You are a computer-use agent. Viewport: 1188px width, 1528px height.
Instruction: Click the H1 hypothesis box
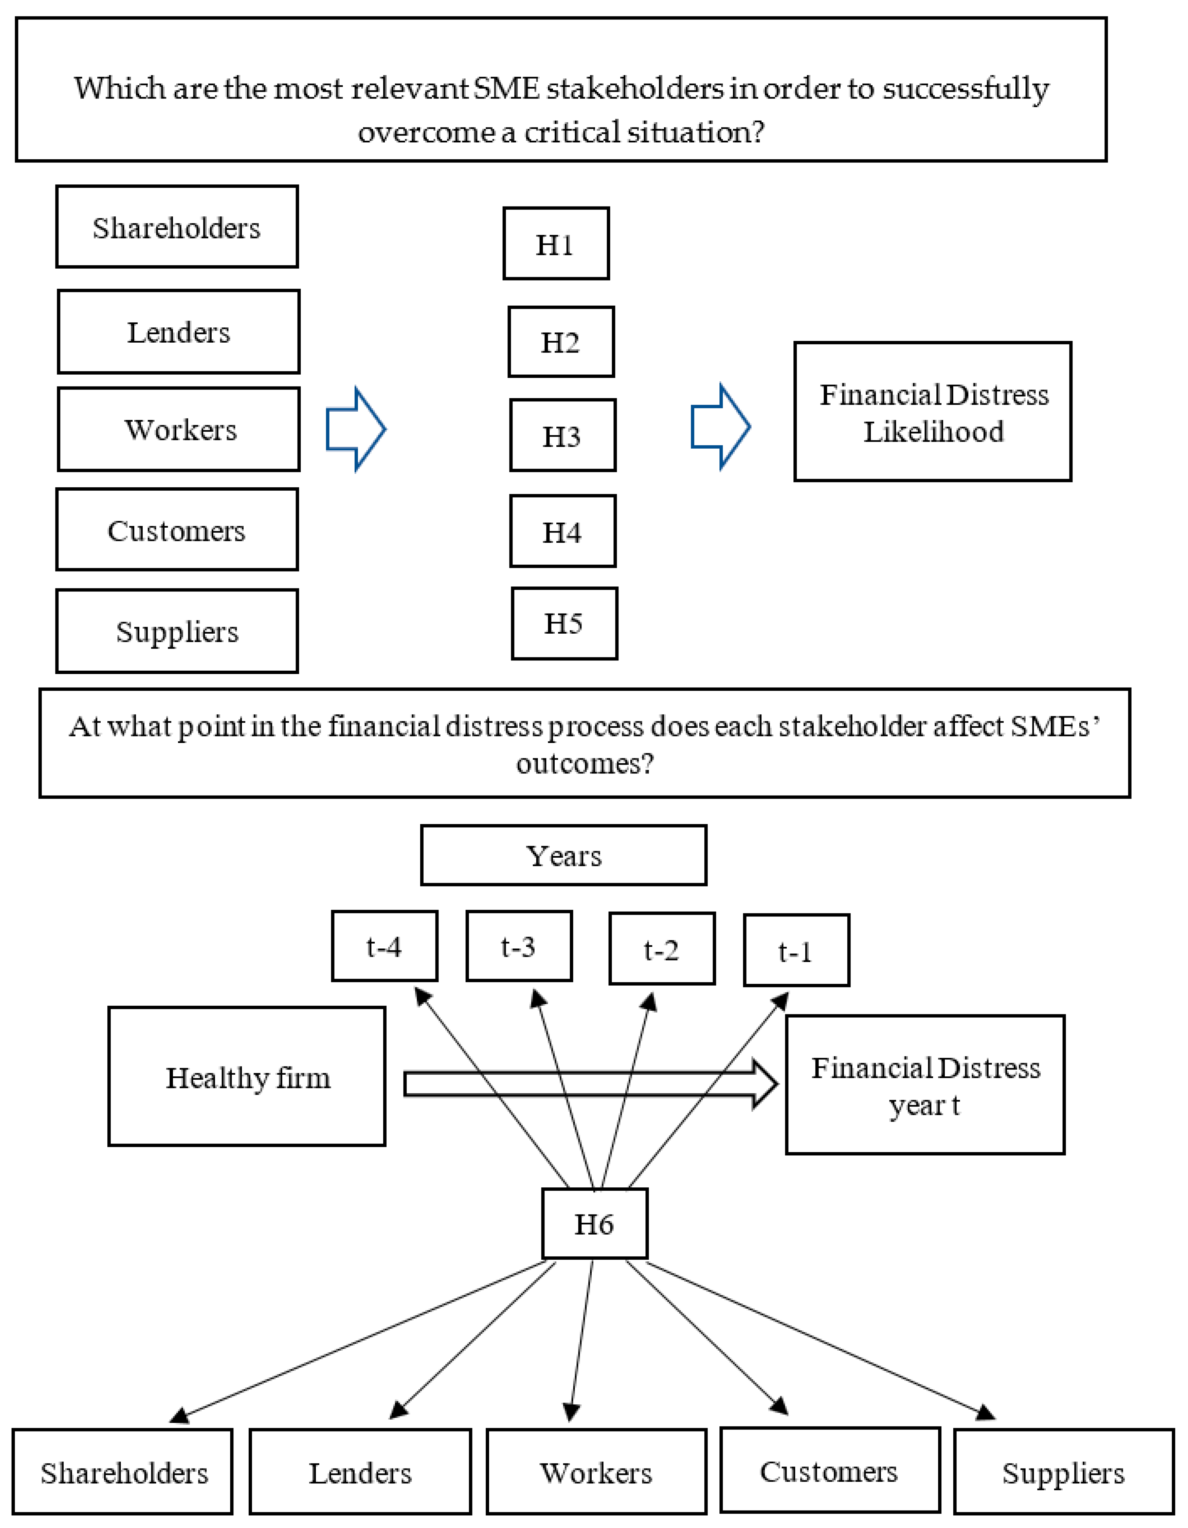click(x=556, y=243)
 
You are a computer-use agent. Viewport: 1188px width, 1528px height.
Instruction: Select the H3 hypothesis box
click(x=562, y=435)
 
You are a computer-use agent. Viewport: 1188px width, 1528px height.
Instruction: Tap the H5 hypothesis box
click(x=564, y=623)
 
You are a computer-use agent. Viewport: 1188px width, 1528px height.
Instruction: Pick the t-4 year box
click(x=385, y=946)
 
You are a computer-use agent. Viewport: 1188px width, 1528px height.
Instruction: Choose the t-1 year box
click(x=796, y=950)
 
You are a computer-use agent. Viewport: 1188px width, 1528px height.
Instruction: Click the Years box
click(x=564, y=855)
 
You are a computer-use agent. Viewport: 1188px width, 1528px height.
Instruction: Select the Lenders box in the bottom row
click(x=360, y=1472)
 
